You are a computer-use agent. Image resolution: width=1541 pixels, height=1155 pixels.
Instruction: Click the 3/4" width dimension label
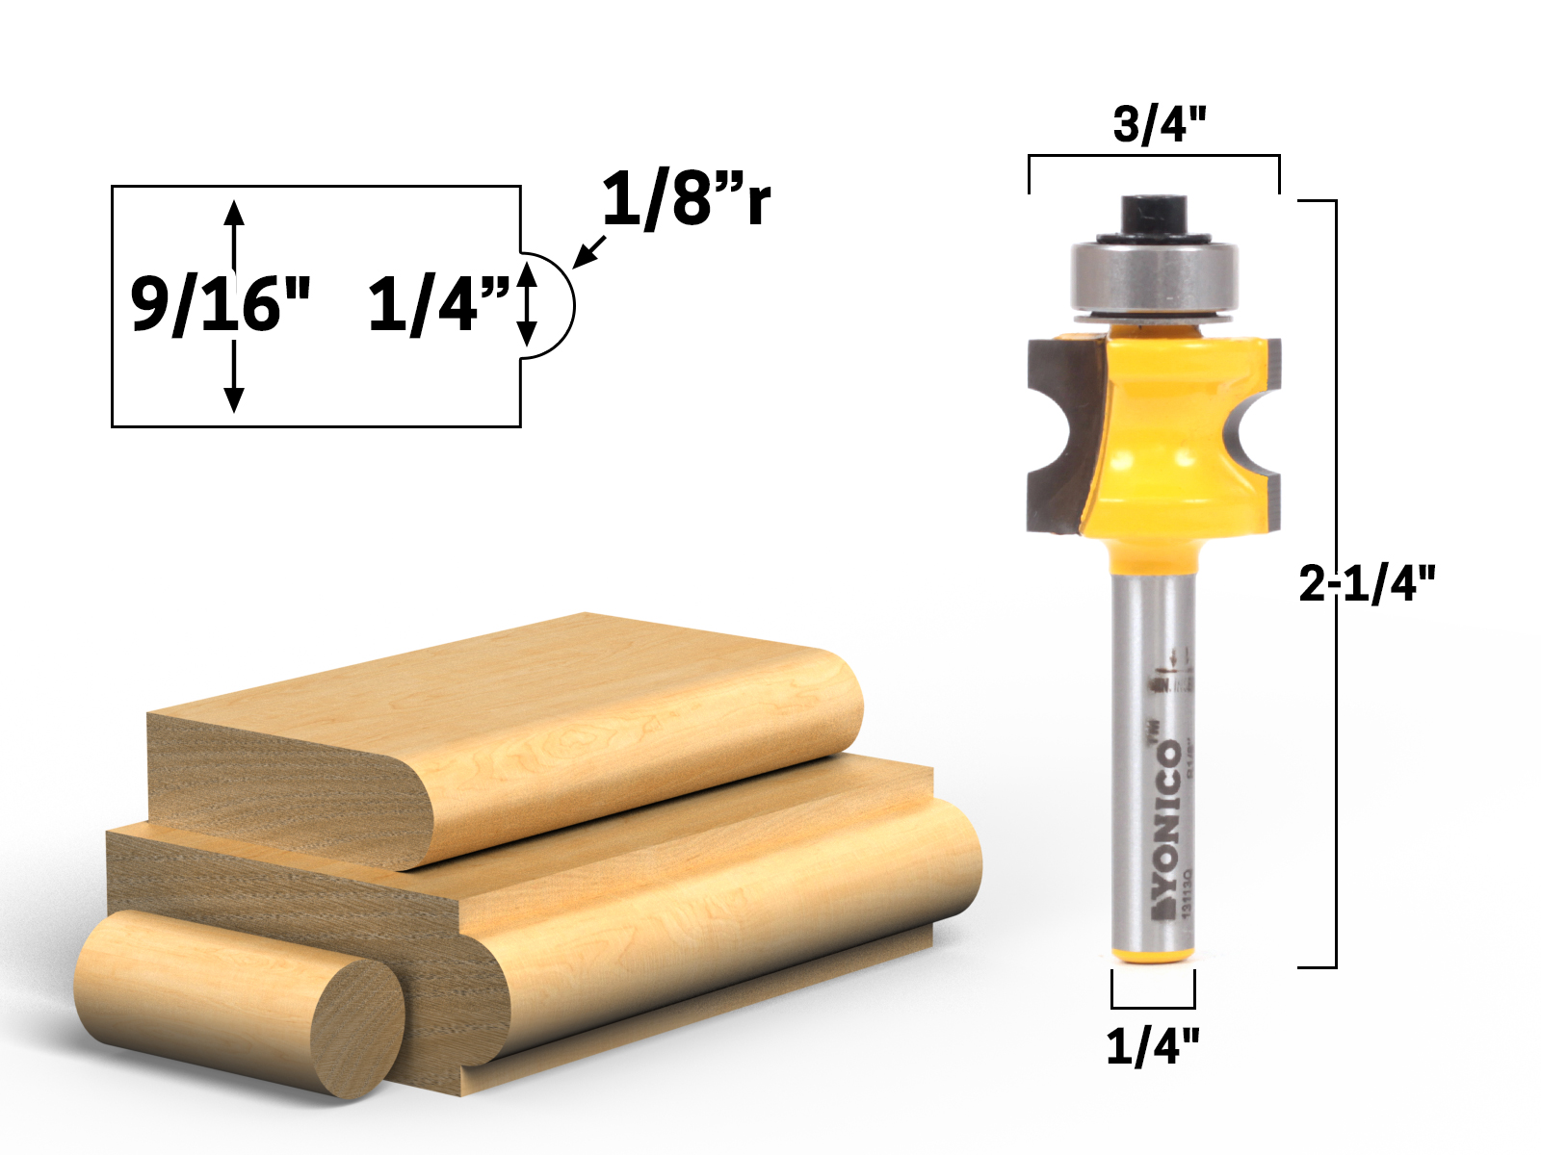[x=1160, y=124]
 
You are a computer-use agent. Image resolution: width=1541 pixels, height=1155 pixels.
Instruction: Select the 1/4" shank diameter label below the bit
[x=1153, y=1045]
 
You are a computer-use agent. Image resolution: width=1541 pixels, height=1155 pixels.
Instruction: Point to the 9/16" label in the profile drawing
[x=221, y=303]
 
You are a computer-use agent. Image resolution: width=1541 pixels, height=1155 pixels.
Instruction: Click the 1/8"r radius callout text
[x=685, y=199]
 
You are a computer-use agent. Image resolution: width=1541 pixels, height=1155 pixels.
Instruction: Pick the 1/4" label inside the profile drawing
[x=438, y=304]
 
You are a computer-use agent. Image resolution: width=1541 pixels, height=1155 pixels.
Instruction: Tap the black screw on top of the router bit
[x=1153, y=214]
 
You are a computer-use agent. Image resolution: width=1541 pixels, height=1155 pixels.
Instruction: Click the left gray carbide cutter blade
[x=1059, y=433]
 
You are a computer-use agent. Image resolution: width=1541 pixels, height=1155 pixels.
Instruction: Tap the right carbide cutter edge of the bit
[x=1271, y=433]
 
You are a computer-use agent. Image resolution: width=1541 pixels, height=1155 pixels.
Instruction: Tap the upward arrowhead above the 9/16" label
[x=234, y=212]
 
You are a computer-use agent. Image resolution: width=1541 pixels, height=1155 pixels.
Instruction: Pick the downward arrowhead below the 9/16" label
[x=234, y=398]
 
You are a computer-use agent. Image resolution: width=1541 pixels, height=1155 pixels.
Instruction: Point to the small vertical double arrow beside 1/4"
[x=526, y=304]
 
